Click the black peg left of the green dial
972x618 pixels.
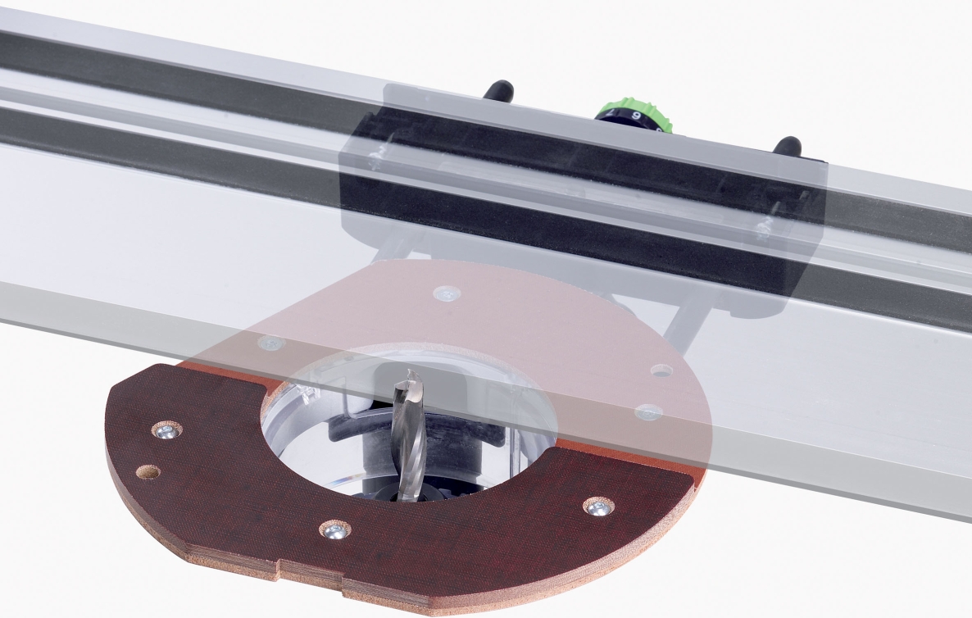coord(497,91)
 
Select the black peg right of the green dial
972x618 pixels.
coord(787,148)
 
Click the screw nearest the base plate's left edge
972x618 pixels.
coord(167,430)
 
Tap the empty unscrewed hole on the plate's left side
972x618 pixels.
coord(148,472)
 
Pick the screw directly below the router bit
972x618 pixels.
coord(334,531)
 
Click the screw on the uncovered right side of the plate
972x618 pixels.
coord(598,507)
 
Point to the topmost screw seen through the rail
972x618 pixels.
coord(447,293)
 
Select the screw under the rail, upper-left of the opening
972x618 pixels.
coord(270,343)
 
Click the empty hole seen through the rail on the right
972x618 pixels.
coord(661,370)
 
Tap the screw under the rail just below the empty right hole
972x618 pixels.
coord(648,411)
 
